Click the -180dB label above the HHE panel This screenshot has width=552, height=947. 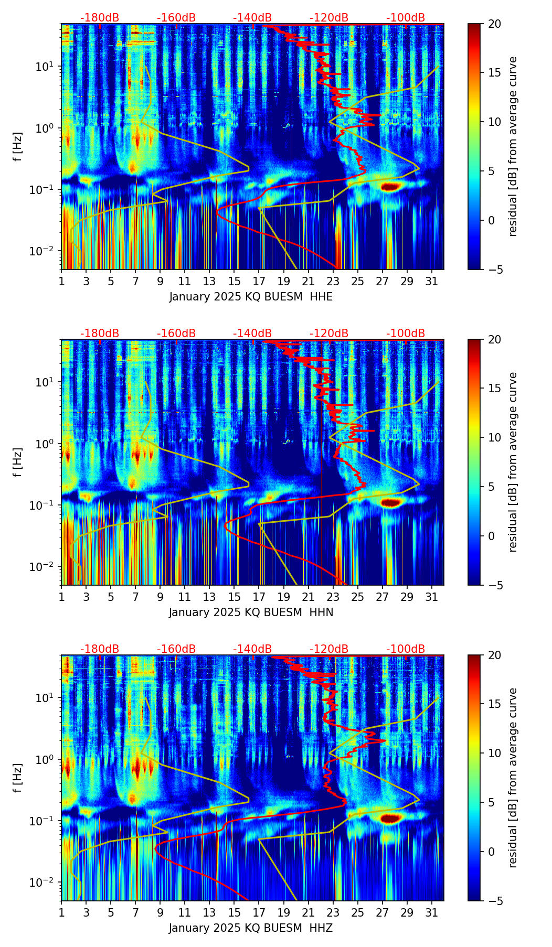pos(100,18)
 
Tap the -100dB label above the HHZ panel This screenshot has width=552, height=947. pos(406,649)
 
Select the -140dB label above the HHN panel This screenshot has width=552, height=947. pos(252,333)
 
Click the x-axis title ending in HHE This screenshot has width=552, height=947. pos(251,297)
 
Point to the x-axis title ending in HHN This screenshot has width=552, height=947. pos(251,612)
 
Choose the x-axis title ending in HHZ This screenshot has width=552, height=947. pos(251,928)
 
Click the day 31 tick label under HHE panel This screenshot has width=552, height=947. pos(431,281)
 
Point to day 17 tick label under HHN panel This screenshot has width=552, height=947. pos(259,597)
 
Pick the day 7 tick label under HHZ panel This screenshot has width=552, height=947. pos(135,912)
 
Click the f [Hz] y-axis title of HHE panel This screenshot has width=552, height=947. pos(18,147)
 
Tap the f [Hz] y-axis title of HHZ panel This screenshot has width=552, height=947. pos(18,778)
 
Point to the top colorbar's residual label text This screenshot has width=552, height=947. pos(513,147)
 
